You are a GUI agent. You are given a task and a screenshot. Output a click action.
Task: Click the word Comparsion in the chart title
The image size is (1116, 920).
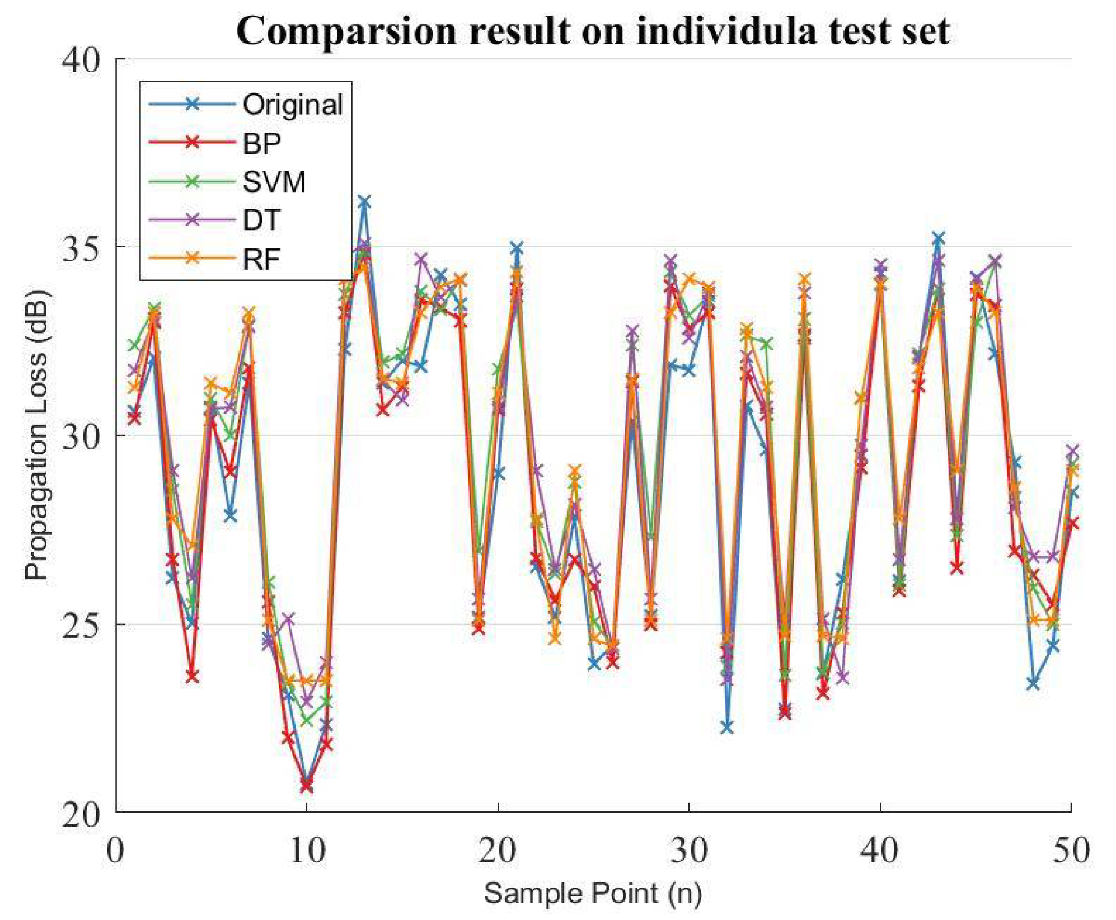[x=347, y=31]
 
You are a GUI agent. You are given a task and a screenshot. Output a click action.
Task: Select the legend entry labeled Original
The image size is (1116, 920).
[x=292, y=105]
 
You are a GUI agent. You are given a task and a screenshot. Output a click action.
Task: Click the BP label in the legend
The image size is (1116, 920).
[x=261, y=143]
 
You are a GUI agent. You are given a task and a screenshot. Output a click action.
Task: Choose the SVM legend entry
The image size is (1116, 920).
[x=274, y=182]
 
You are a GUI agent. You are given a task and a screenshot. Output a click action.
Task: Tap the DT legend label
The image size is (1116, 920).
[x=261, y=220]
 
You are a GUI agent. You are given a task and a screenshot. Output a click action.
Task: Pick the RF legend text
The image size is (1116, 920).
[x=261, y=259]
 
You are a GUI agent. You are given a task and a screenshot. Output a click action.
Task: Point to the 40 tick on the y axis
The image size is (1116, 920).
[x=81, y=59]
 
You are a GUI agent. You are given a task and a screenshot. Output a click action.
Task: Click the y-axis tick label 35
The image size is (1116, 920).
[x=81, y=247]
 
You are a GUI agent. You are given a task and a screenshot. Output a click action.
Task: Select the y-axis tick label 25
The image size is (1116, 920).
[x=81, y=624]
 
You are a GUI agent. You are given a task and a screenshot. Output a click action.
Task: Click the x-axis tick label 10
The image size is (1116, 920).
[x=307, y=851]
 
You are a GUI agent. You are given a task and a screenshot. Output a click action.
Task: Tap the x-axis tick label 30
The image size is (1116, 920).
[x=689, y=851]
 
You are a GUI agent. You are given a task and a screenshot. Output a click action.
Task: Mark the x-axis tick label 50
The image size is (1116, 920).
[x=1071, y=851]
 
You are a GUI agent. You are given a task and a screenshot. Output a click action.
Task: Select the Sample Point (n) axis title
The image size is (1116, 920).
[x=593, y=893]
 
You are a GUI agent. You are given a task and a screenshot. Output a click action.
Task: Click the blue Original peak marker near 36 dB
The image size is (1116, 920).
[x=364, y=202]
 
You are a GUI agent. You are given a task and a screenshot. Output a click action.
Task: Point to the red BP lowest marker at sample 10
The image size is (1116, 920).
[x=306, y=786]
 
